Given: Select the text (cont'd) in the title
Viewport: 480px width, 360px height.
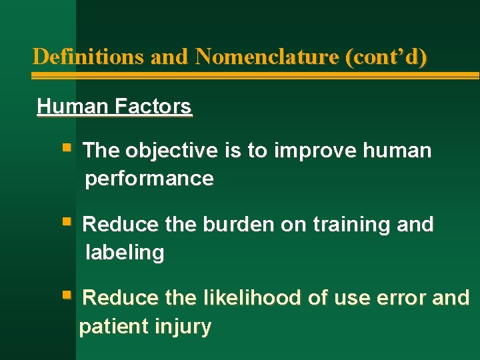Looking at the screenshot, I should click(386, 57).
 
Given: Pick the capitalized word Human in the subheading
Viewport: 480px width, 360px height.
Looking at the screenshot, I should click(73, 106).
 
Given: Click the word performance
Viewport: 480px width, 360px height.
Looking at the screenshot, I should click(149, 179).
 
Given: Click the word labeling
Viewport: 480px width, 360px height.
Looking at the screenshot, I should click(125, 253).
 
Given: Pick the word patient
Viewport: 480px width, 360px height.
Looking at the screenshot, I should click(113, 327).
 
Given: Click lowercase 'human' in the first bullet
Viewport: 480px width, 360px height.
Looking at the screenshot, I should click(397, 151).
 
